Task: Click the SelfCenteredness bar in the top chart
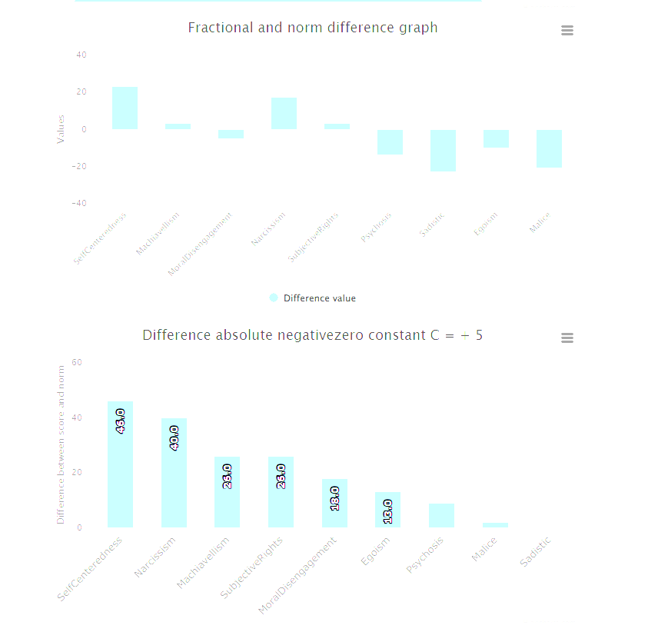125,108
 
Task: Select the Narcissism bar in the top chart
284,114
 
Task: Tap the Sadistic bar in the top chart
443,151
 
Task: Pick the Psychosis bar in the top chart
390,142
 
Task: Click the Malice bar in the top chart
549,148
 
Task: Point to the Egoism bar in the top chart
496,138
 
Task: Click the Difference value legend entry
313,298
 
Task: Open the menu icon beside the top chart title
567,31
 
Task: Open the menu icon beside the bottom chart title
567,338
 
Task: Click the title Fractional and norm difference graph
313,28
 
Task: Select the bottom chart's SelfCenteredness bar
120,464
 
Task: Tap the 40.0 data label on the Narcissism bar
174,437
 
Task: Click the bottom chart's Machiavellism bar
227,492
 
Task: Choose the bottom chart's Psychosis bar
441,515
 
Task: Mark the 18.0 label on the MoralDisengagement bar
334,498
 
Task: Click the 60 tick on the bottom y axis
76,362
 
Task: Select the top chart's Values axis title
61,129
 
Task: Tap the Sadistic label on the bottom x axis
536,552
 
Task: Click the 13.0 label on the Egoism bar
387,511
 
